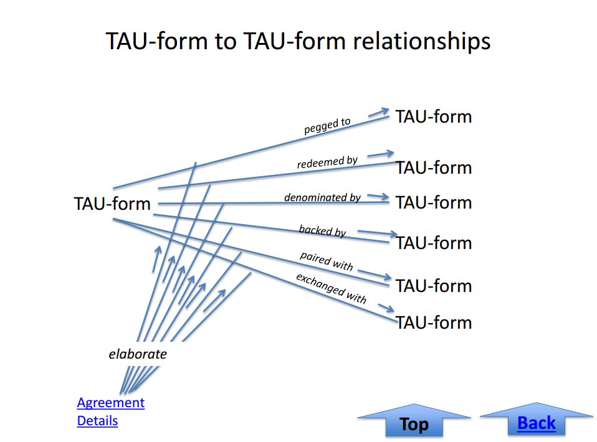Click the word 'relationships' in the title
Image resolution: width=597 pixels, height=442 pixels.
click(421, 41)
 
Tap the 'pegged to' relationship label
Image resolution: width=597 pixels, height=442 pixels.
click(327, 126)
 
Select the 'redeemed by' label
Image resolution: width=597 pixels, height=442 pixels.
click(327, 162)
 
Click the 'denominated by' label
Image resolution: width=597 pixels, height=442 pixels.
click(322, 197)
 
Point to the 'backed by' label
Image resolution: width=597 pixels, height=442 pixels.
click(322, 230)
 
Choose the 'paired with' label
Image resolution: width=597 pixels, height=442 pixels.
click(327, 261)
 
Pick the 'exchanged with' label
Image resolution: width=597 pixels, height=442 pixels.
click(332, 289)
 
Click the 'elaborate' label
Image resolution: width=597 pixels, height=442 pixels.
click(138, 354)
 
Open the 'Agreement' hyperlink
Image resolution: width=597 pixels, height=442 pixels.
click(111, 402)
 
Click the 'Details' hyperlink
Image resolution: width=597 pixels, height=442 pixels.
click(97, 421)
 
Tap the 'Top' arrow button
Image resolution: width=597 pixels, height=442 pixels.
click(414, 421)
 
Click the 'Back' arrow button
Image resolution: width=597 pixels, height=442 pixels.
click(537, 420)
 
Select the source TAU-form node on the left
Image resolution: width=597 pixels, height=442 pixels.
click(112, 204)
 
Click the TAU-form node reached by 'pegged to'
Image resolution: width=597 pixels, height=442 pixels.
click(434, 116)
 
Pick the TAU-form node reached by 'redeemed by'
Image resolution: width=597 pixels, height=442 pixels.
click(434, 167)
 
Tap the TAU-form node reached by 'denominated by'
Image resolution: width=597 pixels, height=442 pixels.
click(434, 202)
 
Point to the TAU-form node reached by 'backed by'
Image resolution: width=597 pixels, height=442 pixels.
click(434, 243)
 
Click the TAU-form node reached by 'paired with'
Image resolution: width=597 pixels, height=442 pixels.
click(434, 286)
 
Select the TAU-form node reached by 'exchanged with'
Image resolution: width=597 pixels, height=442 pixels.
click(434, 322)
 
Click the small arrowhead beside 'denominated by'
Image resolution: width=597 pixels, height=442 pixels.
click(378, 196)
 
